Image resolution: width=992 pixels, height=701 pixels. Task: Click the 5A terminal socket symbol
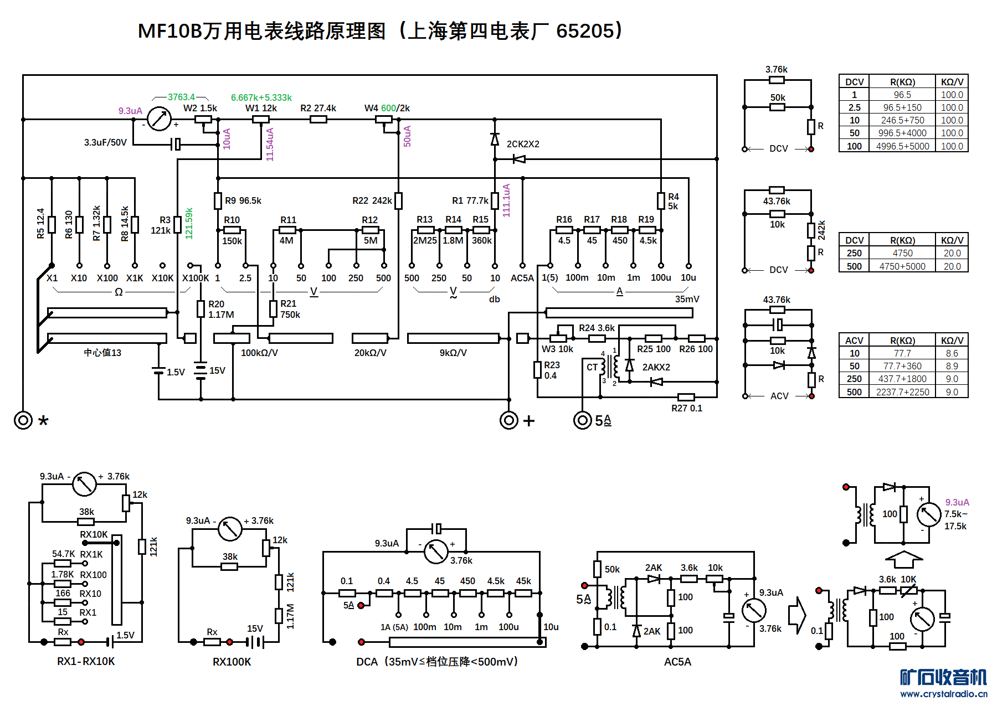[582, 420]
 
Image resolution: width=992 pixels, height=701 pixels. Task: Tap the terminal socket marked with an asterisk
[23, 420]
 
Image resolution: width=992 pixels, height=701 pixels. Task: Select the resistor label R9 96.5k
[243, 200]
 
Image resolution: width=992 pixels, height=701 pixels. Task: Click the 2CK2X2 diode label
[522, 144]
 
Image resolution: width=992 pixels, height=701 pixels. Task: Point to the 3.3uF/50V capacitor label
[105, 142]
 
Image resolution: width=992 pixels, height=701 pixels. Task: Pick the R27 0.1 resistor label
[686, 408]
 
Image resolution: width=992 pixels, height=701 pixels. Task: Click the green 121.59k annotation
[189, 223]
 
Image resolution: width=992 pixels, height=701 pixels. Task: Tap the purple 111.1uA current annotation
[506, 200]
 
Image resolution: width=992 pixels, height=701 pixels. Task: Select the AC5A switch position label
[522, 278]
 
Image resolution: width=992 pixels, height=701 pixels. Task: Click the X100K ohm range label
[196, 278]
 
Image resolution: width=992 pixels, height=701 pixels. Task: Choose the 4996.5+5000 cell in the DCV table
[902, 146]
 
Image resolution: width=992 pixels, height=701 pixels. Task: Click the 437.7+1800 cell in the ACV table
[902, 379]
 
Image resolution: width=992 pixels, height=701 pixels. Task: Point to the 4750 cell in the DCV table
[902, 253]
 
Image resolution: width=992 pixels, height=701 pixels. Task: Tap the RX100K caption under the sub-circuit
[232, 662]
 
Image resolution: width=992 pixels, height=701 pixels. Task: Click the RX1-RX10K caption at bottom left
[86, 661]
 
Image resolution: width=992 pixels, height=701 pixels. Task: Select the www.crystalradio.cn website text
[943, 694]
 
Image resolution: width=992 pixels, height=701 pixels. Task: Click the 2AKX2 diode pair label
[656, 367]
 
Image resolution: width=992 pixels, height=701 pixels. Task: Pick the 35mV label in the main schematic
[687, 299]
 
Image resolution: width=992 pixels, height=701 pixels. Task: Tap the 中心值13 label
[102, 353]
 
